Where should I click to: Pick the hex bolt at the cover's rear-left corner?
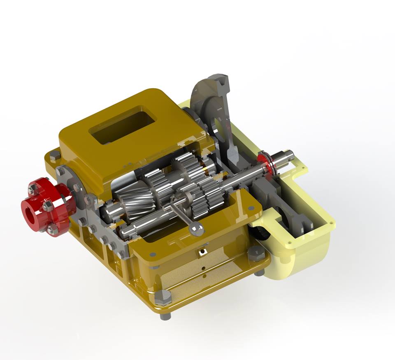(x=55, y=156)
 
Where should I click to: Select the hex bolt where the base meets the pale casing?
(x=256, y=255)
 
